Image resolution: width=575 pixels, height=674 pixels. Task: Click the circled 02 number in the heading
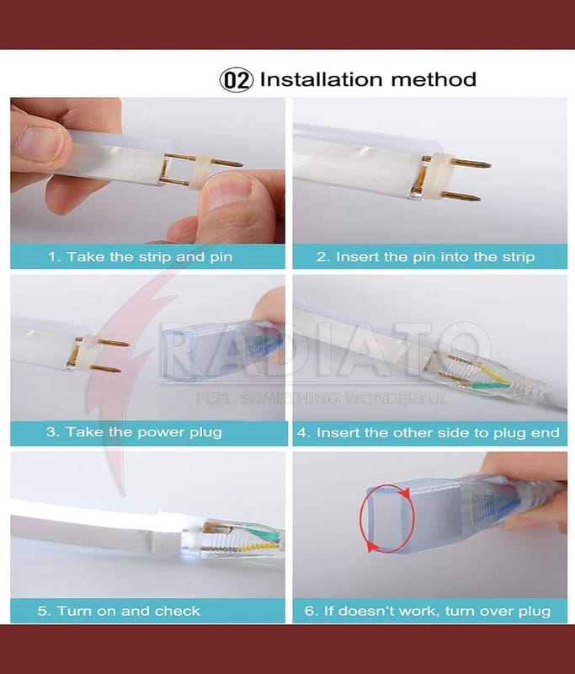pyautogui.click(x=237, y=80)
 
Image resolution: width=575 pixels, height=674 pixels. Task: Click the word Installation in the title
pyautogui.click(x=322, y=79)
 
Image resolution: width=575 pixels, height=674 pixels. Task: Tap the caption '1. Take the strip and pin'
pyautogui.click(x=140, y=257)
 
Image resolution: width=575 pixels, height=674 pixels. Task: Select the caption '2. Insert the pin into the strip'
pyautogui.click(x=425, y=257)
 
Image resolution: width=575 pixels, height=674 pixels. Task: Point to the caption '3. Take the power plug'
pyautogui.click(x=134, y=432)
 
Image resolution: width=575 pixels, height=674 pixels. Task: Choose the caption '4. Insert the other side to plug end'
pyautogui.click(x=429, y=432)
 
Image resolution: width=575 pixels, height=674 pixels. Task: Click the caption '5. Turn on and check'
pyautogui.click(x=119, y=611)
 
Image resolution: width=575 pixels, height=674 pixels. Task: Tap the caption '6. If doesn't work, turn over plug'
pyautogui.click(x=428, y=611)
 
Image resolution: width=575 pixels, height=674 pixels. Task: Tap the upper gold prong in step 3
pyautogui.click(x=114, y=343)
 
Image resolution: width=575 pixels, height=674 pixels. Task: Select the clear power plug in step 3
pyautogui.click(x=223, y=350)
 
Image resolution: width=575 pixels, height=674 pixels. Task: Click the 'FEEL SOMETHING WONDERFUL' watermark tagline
pyautogui.click(x=323, y=398)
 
